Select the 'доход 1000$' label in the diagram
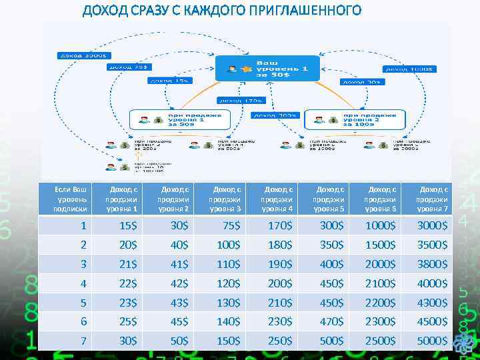pos(409,69)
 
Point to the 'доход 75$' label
pos(130,67)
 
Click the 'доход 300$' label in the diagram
pos(275,115)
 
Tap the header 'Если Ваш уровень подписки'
pos(71,199)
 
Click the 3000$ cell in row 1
pos(432,227)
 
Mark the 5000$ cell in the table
pos(432,341)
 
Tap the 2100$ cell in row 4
pos(381,284)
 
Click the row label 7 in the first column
pos(83,341)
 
